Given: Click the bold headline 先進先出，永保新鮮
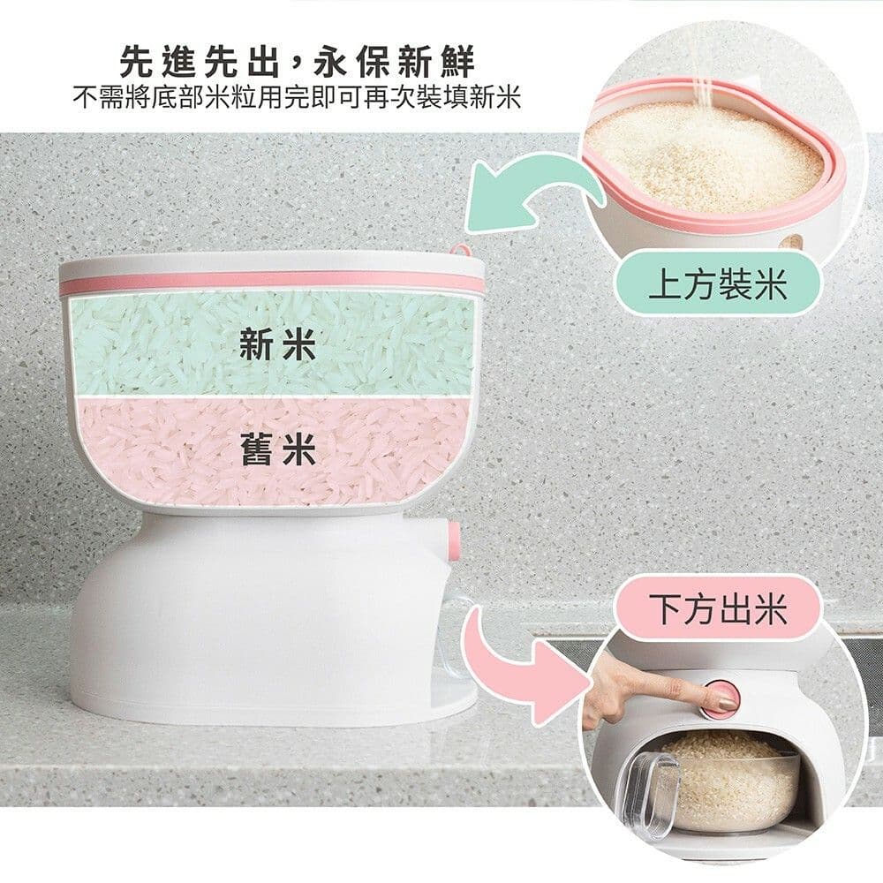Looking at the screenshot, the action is (298, 62).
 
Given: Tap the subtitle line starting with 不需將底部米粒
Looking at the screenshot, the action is (298, 99).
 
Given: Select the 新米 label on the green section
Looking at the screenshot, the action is (277, 344).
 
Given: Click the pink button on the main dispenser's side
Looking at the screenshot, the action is (453, 540).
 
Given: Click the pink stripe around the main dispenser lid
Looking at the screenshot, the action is (270, 283).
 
